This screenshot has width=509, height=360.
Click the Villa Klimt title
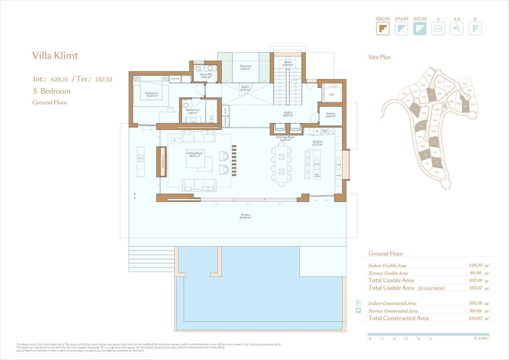55,56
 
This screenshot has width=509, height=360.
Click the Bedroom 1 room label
152,94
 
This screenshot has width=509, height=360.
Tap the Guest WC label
206,75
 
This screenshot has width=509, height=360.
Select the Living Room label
194,154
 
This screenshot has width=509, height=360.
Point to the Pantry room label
331,115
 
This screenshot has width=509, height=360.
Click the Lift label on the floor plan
331,95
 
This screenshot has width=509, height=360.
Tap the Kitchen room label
317,143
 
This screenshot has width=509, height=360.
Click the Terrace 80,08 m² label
245,216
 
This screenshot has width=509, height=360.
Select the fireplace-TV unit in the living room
162,162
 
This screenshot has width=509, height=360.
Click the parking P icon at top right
475,29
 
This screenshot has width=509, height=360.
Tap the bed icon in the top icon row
438,29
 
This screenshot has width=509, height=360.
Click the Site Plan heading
379,57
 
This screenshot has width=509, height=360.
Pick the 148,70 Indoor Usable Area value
475,265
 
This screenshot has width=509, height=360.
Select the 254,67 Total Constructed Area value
475,318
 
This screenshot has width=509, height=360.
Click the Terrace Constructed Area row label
393,311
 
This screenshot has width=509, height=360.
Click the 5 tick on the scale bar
430,338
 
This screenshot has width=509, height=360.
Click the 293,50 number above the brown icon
382,19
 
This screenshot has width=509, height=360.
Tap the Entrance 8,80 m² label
245,67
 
